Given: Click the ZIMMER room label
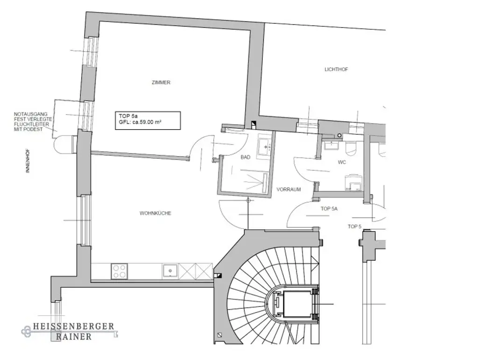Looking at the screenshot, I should (x=161, y=83).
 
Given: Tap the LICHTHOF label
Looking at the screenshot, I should (x=336, y=69).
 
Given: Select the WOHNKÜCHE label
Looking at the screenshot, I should (x=155, y=213).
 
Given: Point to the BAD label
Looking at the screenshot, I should (x=245, y=158).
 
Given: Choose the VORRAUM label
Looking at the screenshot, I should (x=288, y=190).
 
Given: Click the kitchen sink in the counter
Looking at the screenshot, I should (x=169, y=271).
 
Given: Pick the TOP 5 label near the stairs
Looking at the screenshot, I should (x=354, y=227).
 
